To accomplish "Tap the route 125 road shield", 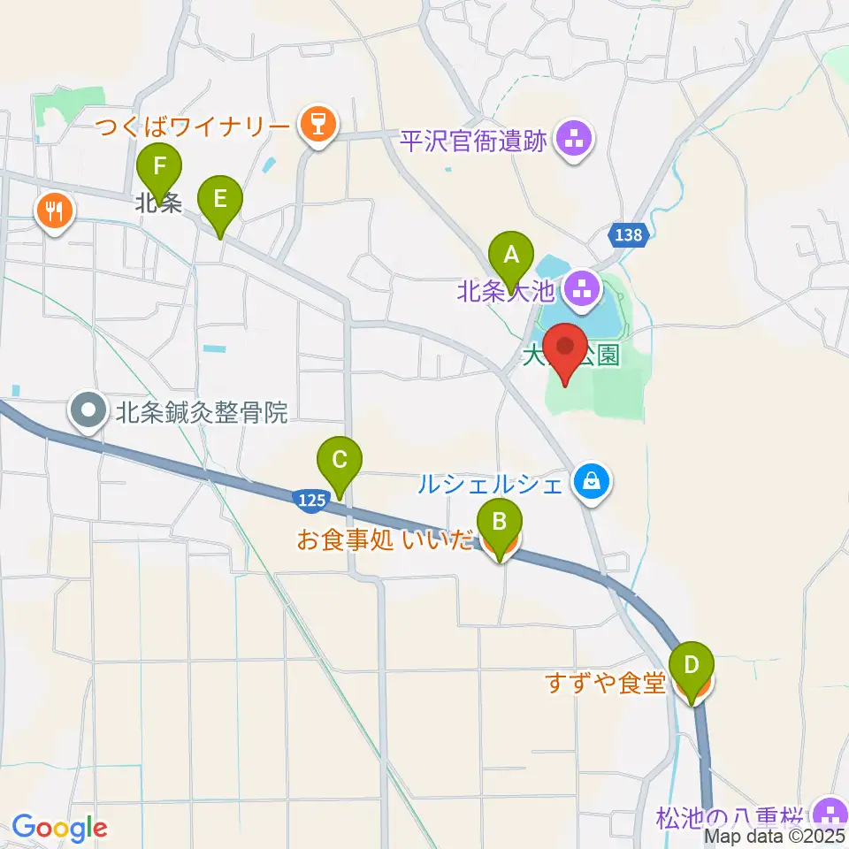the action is coord(309,501).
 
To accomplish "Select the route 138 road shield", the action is coord(629,234).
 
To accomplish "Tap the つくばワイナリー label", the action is coord(204,126).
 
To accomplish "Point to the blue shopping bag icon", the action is coord(588,482).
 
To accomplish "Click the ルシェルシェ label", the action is coord(491,483).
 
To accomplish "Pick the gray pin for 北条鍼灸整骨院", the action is coord(89,412).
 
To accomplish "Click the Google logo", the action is coord(59,828).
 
